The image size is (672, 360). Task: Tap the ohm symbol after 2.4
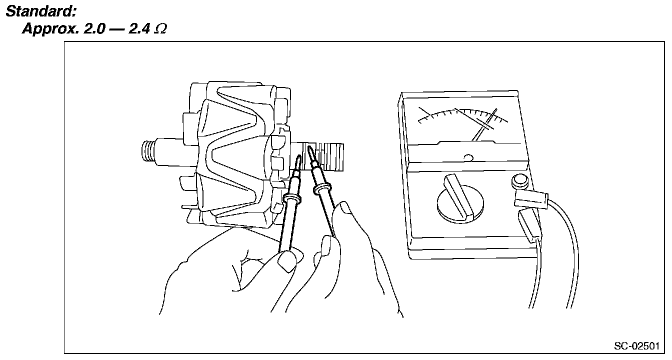[x=160, y=29]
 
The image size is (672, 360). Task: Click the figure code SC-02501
[x=636, y=346]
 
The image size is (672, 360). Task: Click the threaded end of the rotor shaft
[x=148, y=149]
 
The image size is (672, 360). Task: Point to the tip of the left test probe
[x=299, y=158]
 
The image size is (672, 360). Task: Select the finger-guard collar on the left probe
[x=292, y=199]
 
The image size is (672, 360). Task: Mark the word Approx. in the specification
[x=44, y=29]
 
